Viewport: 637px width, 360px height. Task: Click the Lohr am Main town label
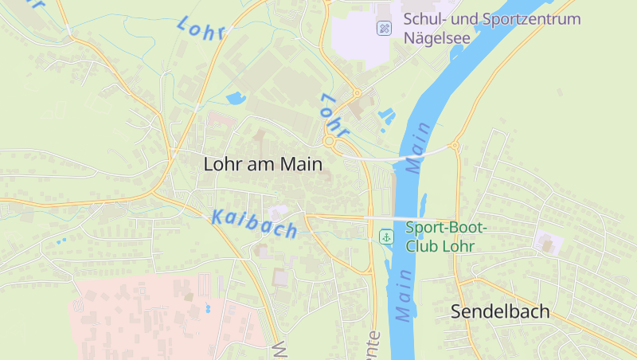coord(263,165)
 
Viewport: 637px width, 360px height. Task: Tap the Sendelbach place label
coord(500,311)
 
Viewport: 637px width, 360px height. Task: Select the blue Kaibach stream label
coord(255,222)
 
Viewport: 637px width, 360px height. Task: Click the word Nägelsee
coord(437,37)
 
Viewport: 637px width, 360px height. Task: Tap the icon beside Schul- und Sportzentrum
coord(385,28)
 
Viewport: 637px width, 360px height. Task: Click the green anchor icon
coord(386,237)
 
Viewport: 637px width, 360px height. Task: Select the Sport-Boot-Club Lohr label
coord(447,237)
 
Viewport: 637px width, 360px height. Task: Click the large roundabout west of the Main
coord(329,142)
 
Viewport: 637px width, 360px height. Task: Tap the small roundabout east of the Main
coord(455,146)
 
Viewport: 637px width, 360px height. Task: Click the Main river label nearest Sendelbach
coord(404,295)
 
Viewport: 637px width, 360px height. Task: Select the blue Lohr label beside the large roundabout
coord(334,113)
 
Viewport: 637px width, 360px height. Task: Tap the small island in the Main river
coord(423,203)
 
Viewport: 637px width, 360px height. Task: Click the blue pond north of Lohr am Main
coord(236,100)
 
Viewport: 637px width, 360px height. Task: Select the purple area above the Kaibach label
coord(278,212)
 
